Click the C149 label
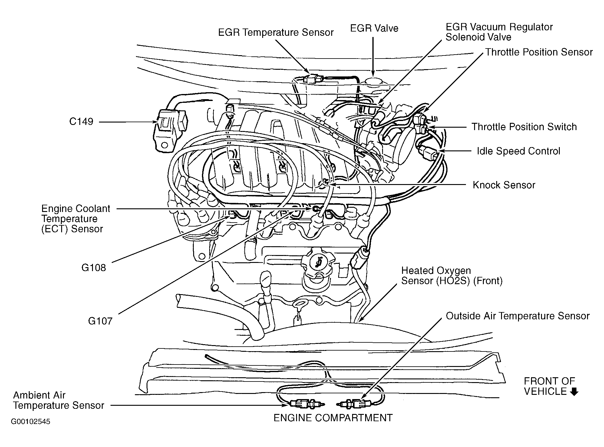[x=81, y=122]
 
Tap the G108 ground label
[x=94, y=267]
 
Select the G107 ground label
[x=100, y=321]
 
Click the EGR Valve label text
[x=374, y=28]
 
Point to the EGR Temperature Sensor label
[x=276, y=32]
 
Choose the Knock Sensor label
[x=504, y=185]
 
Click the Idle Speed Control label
[x=518, y=151]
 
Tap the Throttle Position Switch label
[x=524, y=127]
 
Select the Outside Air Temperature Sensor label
[x=517, y=316]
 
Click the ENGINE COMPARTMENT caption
[x=333, y=418]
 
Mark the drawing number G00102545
[x=31, y=422]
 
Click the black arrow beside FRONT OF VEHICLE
[x=574, y=392]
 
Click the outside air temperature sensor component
[x=354, y=404]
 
